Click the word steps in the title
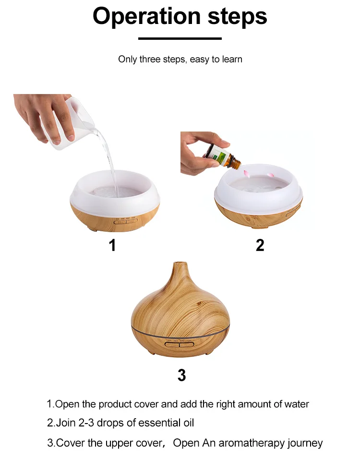[x=237, y=17]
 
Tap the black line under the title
[x=180, y=38]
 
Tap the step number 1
[x=112, y=245]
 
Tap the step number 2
[x=260, y=245]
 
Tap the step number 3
[x=181, y=375]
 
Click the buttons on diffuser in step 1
[x=125, y=221]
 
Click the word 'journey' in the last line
[x=305, y=443]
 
